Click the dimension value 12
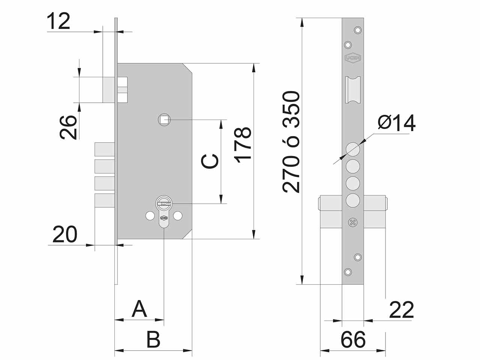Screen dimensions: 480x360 pos(58,21)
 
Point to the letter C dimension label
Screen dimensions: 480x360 pos(210,161)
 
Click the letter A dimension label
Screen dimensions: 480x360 pos(139,309)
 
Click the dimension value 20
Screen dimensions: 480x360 pos(65,234)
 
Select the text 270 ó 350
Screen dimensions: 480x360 pos(291,142)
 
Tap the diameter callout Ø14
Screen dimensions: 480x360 pos(397,123)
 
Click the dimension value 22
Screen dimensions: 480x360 pos(402,310)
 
